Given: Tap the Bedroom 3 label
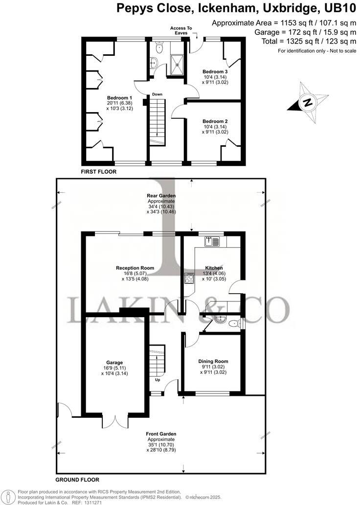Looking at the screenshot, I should pyautogui.click(x=215, y=71).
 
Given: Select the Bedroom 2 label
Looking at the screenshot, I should pyautogui.click(x=215, y=121).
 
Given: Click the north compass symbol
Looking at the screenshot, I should pyautogui.click(x=307, y=102).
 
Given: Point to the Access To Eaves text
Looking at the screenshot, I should pyautogui.click(x=181, y=30).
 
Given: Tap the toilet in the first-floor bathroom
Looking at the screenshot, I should pyautogui.click(x=158, y=47).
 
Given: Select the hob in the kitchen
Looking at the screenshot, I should pyautogui.click(x=188, y=278).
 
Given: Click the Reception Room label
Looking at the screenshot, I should pyautogui.click(x=135, y=268).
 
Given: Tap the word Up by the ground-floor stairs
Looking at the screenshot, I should pyautogui.click(x=157, y=379).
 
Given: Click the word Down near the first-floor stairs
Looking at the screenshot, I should pyautogui.click(x=157, y=94).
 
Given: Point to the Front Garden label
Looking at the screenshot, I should pyautogui.click(x=161, y=434).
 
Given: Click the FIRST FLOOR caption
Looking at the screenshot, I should pyautogui.click(x=99, y=172).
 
